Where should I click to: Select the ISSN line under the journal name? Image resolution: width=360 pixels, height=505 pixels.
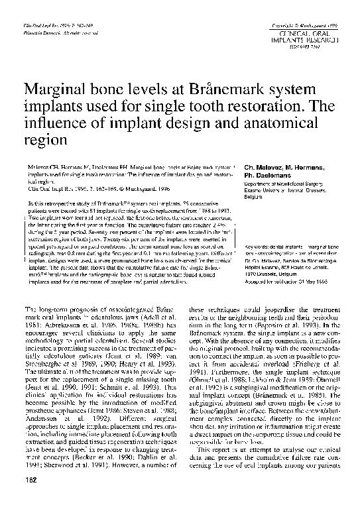(311, 47)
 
